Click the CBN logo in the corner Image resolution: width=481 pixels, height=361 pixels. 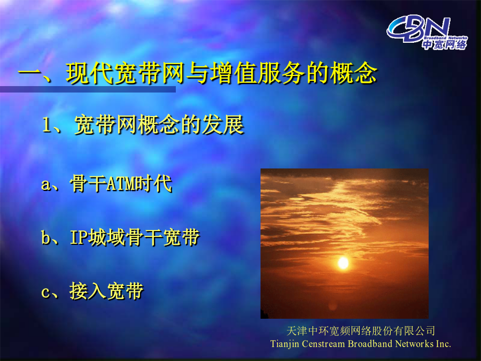point(426,32)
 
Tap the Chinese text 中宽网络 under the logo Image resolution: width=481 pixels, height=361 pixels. point(445,45)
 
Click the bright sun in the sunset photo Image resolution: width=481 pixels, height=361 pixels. point(343,263)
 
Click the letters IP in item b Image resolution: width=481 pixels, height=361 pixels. point(79,237)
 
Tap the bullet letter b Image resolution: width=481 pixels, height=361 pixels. point(46,237)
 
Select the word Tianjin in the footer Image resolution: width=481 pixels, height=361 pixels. point(285,344)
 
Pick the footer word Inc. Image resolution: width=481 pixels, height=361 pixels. point(444,344)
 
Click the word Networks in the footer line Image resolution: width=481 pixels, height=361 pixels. point(414,344)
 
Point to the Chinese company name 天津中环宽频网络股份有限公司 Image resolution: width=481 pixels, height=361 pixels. point(361,331)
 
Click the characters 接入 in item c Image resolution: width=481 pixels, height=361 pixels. point(88,291)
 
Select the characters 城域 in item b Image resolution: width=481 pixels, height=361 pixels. point(107,237)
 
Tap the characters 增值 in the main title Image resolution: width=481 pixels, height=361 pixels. point(234,73)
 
